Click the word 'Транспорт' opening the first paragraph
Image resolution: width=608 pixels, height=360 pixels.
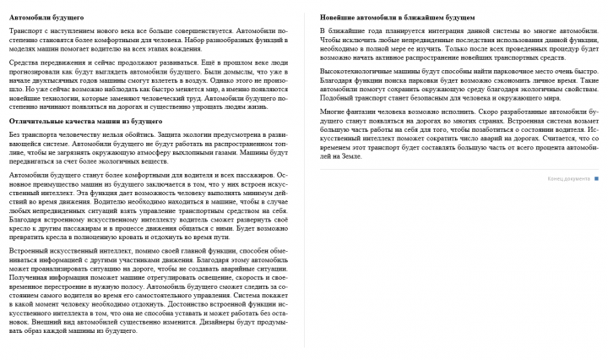click(x=24, y=30)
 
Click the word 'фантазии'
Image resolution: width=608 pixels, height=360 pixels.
click(x=364, y=111)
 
